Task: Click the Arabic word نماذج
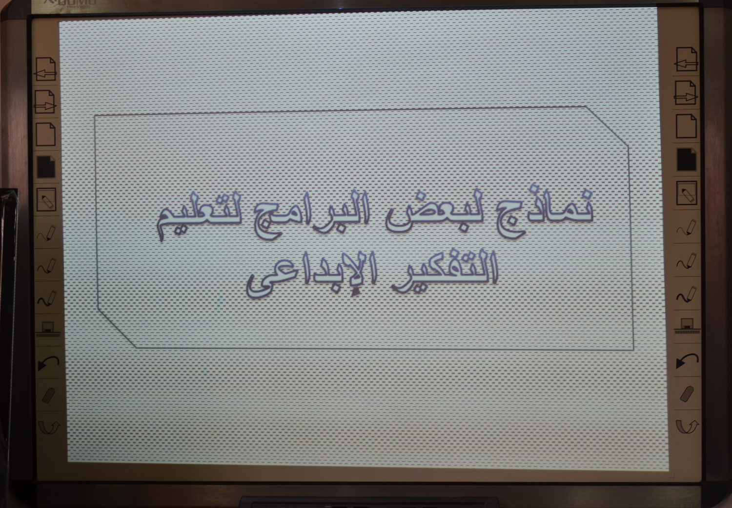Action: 544,212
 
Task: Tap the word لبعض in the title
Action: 435,212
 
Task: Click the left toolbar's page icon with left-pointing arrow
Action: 45,69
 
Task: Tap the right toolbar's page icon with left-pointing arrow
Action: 686,59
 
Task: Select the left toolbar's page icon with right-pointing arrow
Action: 45,102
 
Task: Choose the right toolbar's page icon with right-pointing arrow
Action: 686,93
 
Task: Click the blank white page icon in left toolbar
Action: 45,134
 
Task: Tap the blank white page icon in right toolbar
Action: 686,126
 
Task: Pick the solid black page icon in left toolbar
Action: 46,167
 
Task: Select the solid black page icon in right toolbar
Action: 687,160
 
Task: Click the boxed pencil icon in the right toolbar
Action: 687,193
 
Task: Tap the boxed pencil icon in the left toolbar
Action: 46,199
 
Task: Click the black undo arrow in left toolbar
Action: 48,363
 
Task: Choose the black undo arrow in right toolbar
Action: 687,361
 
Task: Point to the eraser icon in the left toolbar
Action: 48,396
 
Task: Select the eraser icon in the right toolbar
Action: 687,394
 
